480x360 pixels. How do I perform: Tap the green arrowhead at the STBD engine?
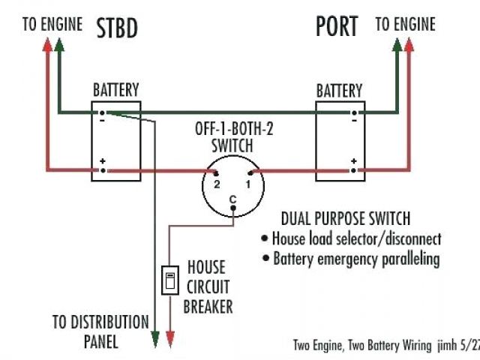59,40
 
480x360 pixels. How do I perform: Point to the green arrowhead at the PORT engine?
397,40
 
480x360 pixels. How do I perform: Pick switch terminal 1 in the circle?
248,172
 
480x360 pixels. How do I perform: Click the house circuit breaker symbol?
169,281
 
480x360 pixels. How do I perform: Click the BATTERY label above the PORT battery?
339,91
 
